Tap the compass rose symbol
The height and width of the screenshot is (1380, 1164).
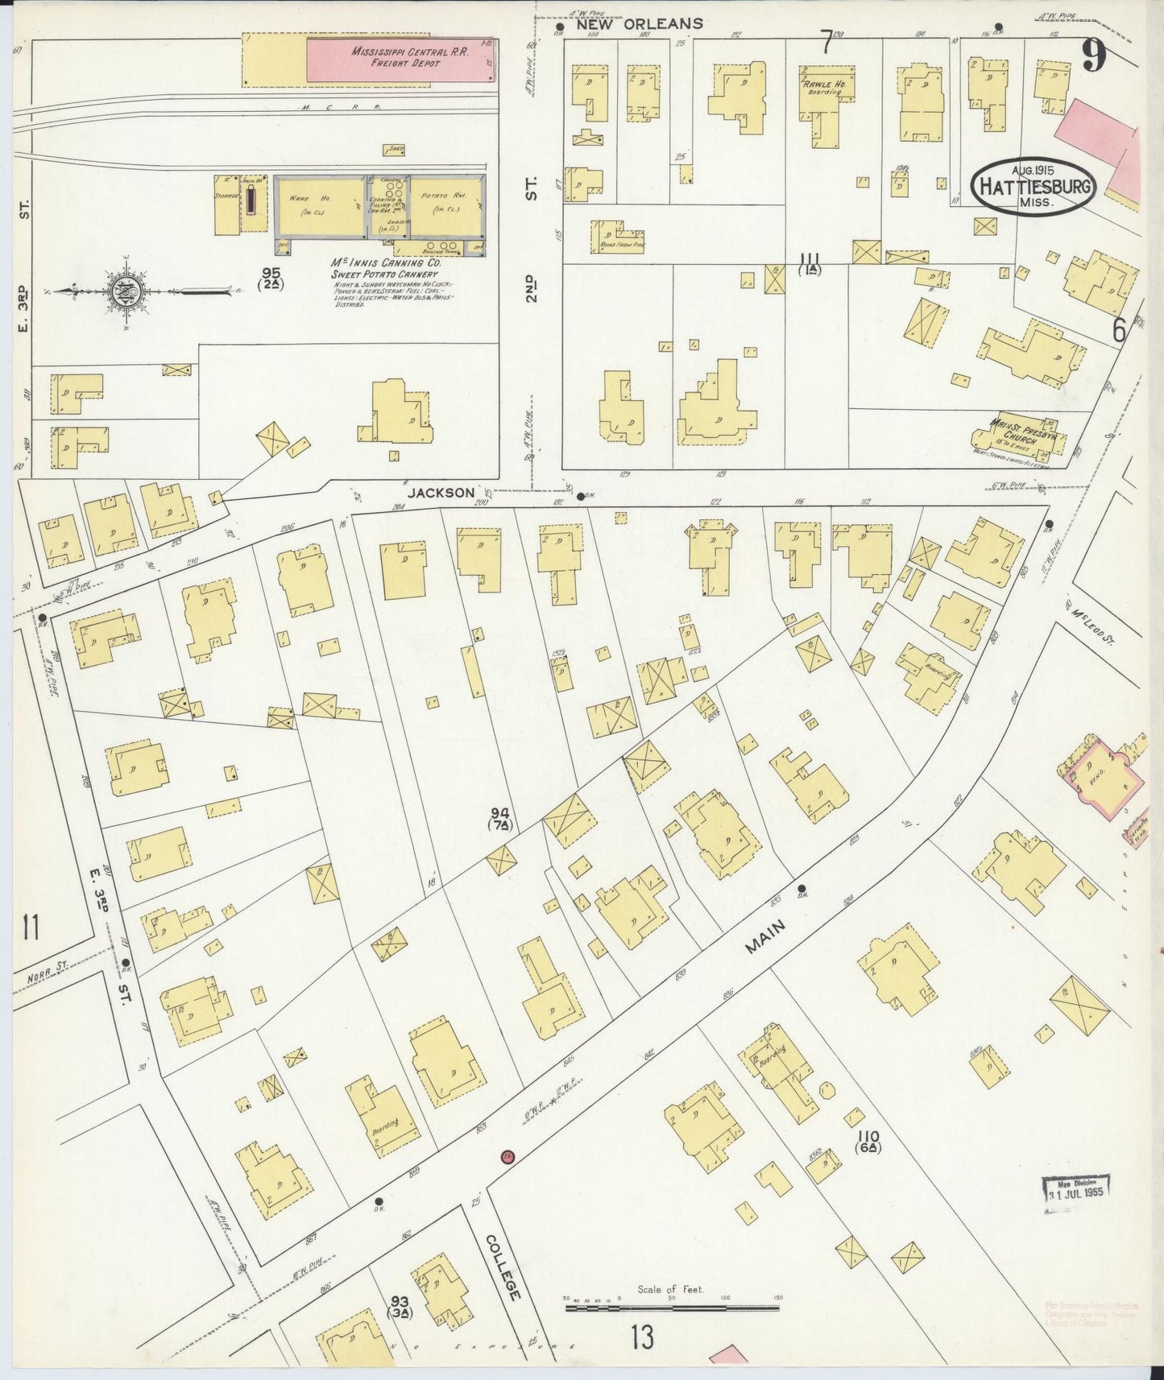[127, 292]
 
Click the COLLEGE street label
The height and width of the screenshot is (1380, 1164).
[503, 1266]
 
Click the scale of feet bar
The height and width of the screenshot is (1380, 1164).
[672, 1308]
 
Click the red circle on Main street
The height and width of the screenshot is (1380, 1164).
[507, 1157]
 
